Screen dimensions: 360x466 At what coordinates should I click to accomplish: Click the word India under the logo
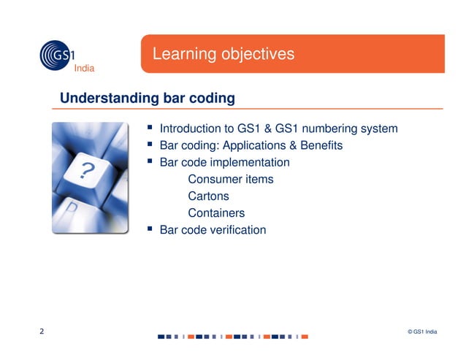click(x=84, y=69)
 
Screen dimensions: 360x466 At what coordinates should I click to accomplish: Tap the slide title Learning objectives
click(x=223, y=54)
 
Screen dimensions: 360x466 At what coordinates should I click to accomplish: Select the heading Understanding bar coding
click(x=147, y=97)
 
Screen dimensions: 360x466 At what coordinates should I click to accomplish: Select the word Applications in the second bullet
click(x=252, y=145)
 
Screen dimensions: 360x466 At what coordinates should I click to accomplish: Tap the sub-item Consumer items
click(x=231, y=179)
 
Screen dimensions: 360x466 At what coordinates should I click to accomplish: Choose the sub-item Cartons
click(x=208, y=196)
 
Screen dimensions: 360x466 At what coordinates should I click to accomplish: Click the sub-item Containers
click(x=216, y=213)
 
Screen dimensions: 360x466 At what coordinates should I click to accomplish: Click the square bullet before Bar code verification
click(x=150, y=229)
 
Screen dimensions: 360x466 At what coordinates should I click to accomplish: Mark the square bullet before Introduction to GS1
click(x=150, y=128)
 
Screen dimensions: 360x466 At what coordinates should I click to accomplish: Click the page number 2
click(x=42, y=332)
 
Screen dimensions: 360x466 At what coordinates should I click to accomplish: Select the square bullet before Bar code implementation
click(x=150, y=161)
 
